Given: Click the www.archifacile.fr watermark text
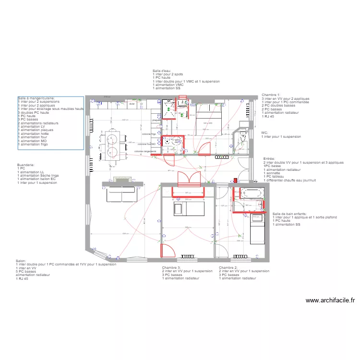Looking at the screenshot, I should [x=330, y=300].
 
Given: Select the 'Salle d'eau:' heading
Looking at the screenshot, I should [x=162, y=71].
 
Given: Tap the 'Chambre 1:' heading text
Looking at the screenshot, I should [x=271, y=96].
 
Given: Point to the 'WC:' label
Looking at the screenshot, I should [x=264, y=132].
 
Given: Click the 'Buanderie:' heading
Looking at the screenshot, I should [x=26, y=165].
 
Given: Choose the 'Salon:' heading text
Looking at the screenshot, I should [x=21, y=261].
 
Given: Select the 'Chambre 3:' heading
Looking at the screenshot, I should [x=171, y=267].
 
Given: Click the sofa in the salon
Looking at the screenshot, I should [x=121, y=192].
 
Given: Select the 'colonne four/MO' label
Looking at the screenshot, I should [x=147, y=144].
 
